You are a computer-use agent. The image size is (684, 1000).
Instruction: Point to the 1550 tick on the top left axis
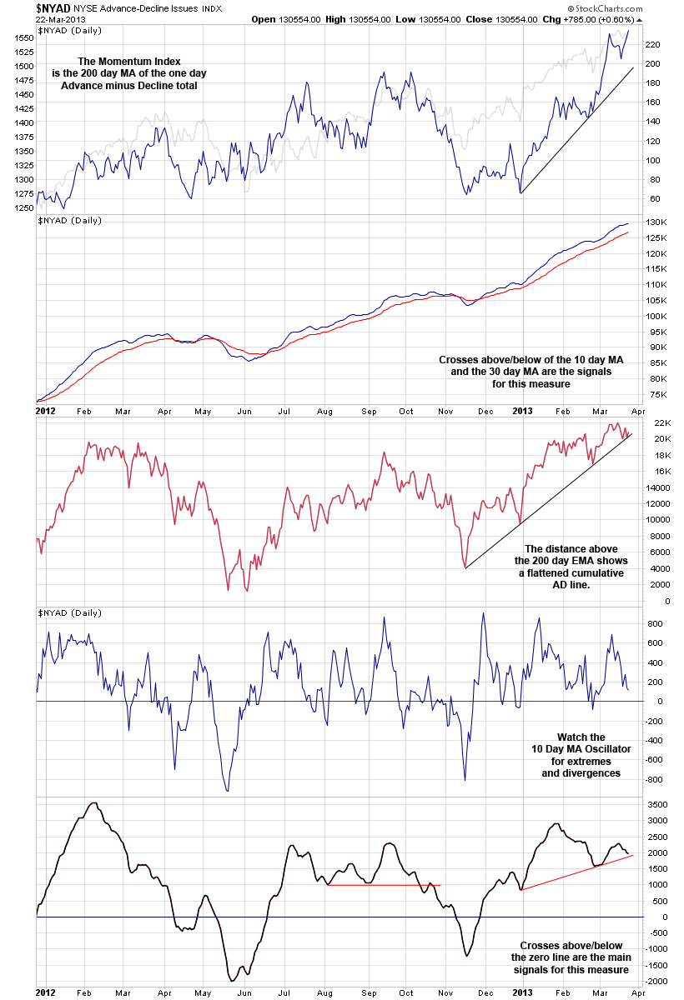pos(23,38)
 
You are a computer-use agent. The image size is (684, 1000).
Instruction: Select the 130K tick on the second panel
pos(654,222)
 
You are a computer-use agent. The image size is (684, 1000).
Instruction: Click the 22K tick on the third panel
pos(651,422)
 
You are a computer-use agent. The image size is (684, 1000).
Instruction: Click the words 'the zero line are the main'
pos(571,958)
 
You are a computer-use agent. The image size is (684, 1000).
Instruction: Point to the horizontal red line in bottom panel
pos(384,885)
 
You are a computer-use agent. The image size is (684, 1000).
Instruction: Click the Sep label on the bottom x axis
pos(367,993)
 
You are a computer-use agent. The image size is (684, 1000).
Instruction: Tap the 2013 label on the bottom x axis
pos(522,993)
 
